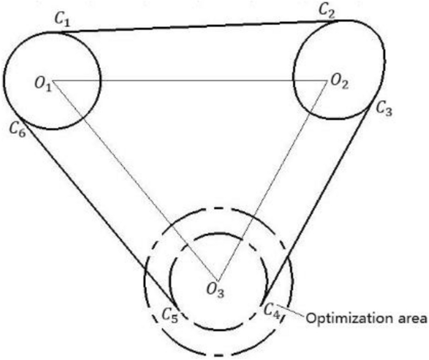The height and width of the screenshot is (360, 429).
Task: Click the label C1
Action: (x=63, y=20)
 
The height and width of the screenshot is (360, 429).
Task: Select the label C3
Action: (x=384, y=110)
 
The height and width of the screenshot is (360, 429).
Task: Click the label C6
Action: (x=17, y=129)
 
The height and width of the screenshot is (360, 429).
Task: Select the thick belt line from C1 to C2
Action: (x=196, y=26)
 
